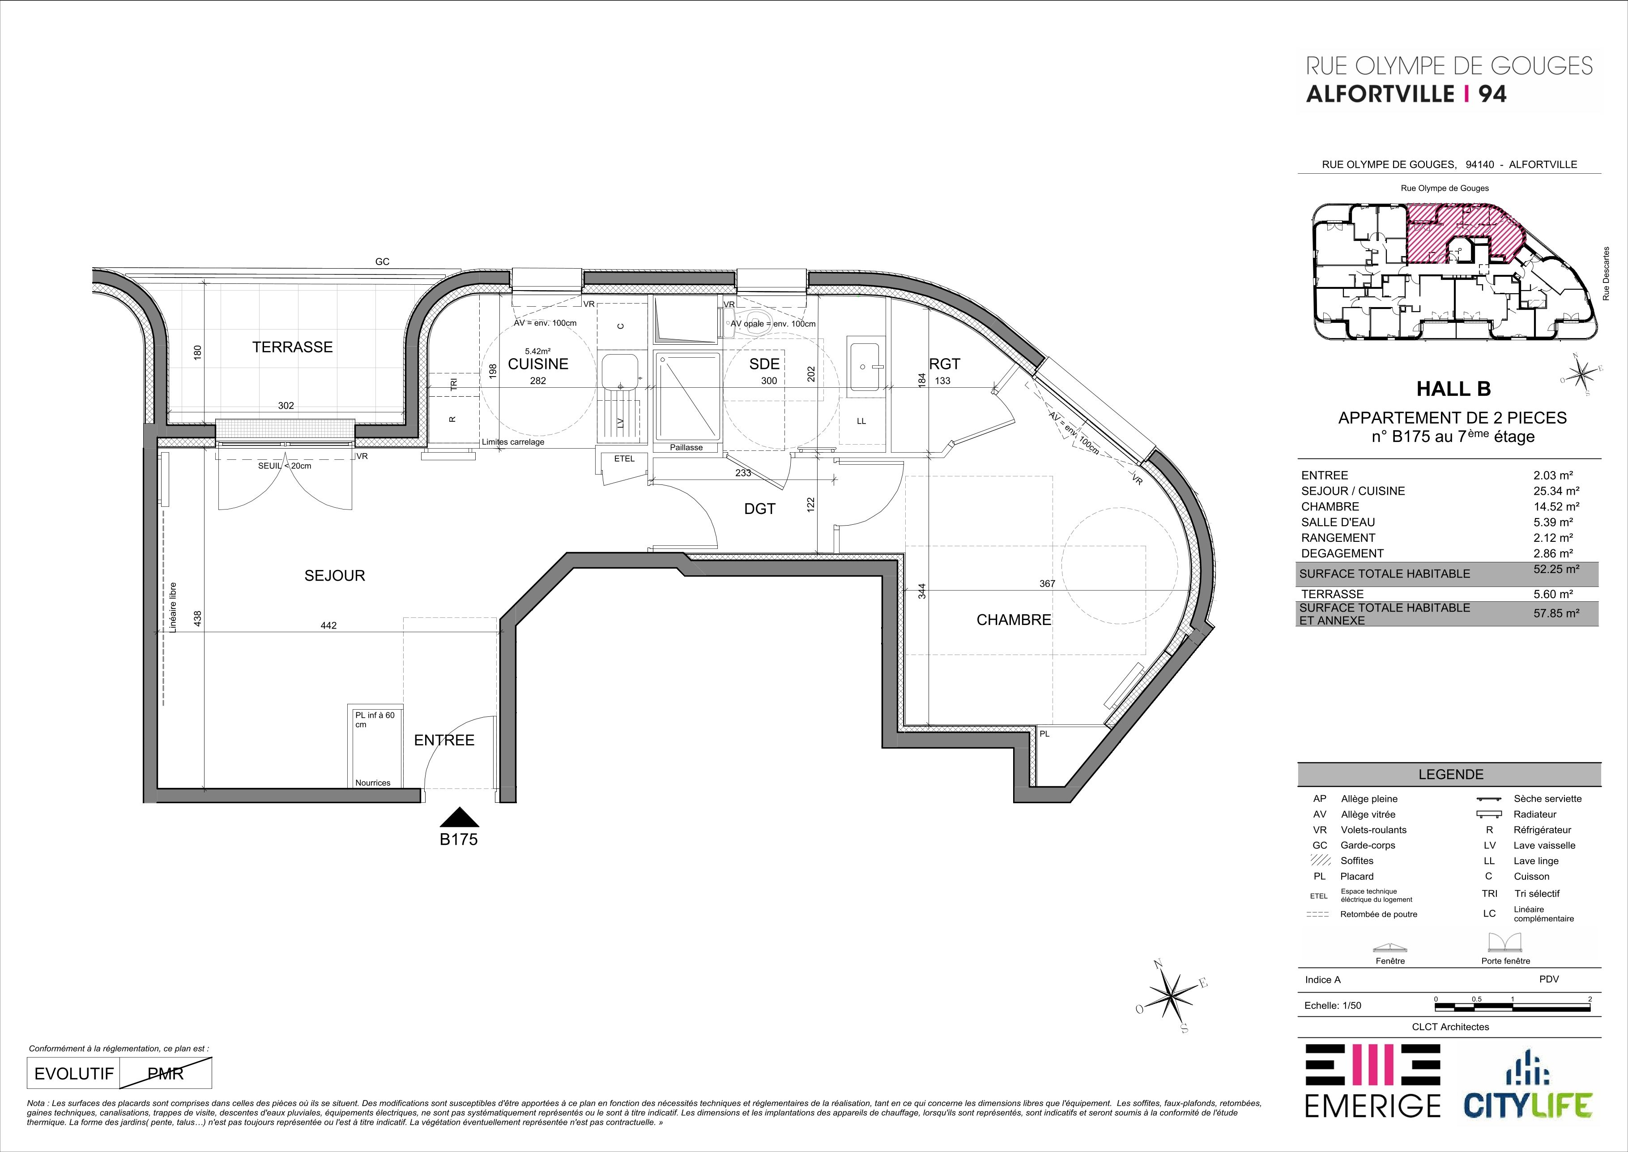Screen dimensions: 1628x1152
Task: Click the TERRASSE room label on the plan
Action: (x=292, y=347)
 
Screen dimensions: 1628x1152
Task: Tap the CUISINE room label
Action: (x=538, y=364)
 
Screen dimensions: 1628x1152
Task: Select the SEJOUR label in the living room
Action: (x=335, y=575)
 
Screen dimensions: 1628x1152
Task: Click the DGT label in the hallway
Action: (x=760, y=509)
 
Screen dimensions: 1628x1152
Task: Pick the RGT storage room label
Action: (x=945, y=364)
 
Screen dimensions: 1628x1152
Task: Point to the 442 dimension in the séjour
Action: (x=328, y=625)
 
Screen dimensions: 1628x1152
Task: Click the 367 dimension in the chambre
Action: (x=1047, y=584)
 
